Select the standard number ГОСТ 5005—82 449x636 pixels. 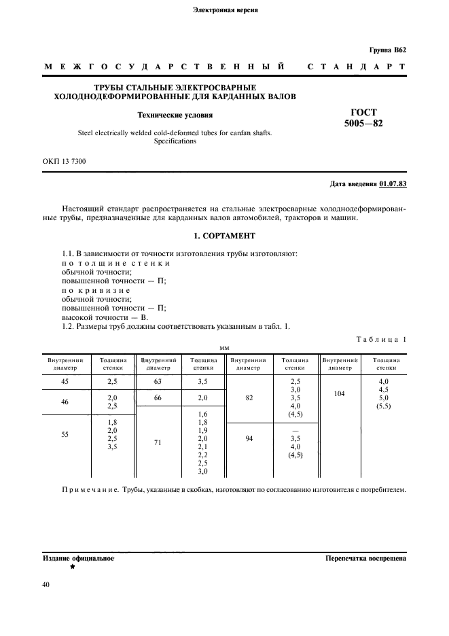pos(364,118)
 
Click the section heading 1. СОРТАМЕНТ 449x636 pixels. pos(224,235)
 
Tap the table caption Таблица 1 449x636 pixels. pos(381,338)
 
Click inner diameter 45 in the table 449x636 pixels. pos(65,382)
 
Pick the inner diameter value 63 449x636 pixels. pos(158,382)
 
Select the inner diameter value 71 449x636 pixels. pos(158,441)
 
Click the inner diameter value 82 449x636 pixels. pos(250,397)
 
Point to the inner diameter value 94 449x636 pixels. pos(250,438)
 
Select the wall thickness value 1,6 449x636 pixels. pos(202,413)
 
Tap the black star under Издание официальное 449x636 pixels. pos(72,567)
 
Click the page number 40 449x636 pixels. pos(46,584)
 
